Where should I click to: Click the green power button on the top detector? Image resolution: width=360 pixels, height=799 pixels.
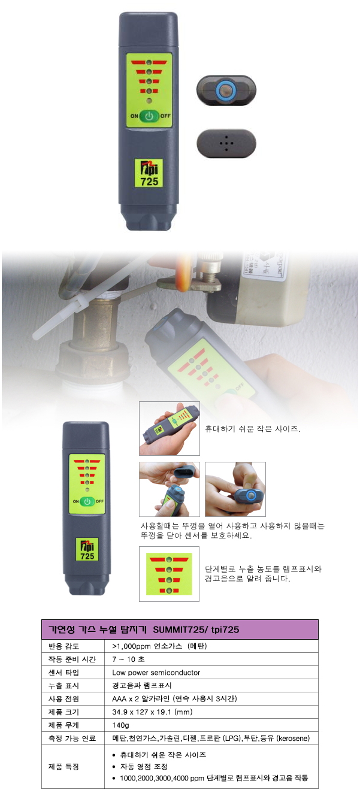point(149,116)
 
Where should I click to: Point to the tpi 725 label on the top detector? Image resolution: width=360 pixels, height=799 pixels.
point(149,173)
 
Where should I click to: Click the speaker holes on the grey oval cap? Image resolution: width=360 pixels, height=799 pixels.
point(226,143)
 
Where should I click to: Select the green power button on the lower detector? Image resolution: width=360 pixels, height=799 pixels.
point(87,501)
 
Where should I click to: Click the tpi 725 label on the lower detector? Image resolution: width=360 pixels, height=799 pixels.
point(87,550)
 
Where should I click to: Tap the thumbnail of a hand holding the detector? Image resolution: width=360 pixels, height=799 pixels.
point(169,428)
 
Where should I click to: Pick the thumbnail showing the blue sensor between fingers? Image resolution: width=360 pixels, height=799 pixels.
point(235,489)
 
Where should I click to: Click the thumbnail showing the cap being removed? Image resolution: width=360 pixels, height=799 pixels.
point(169,489)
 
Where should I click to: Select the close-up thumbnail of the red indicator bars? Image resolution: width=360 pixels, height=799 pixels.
point(169,574)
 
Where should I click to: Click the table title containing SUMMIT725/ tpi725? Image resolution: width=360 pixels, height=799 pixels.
point(144,629)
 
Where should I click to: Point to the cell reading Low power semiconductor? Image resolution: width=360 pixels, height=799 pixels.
point(156,673)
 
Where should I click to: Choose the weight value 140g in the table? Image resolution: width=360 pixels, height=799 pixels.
point(120,725)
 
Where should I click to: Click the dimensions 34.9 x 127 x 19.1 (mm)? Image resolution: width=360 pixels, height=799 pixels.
point(152,712)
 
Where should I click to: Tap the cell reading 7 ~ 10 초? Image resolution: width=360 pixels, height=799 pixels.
point(128,659)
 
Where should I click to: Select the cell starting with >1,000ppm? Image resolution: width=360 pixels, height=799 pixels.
point(159,646)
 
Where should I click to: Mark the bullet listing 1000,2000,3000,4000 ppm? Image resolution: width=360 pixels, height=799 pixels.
point(214,778)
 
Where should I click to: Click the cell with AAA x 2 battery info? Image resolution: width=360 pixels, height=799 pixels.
point(174,698)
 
